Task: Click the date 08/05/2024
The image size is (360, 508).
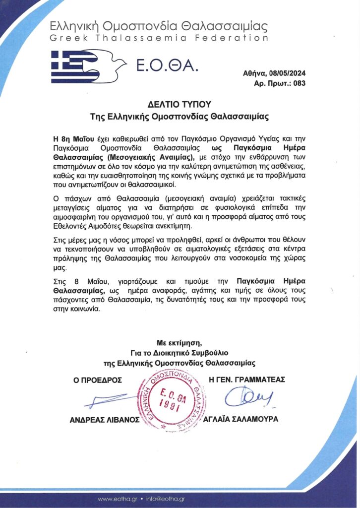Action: point(287,73)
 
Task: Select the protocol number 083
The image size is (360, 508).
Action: point(300,83)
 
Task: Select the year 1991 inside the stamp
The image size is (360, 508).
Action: point(171,404)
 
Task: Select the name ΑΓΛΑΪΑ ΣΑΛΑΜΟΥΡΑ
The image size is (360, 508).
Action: point(241,419)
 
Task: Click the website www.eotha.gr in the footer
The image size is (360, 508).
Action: point(118,499)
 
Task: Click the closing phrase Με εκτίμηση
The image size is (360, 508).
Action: point(180,343)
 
